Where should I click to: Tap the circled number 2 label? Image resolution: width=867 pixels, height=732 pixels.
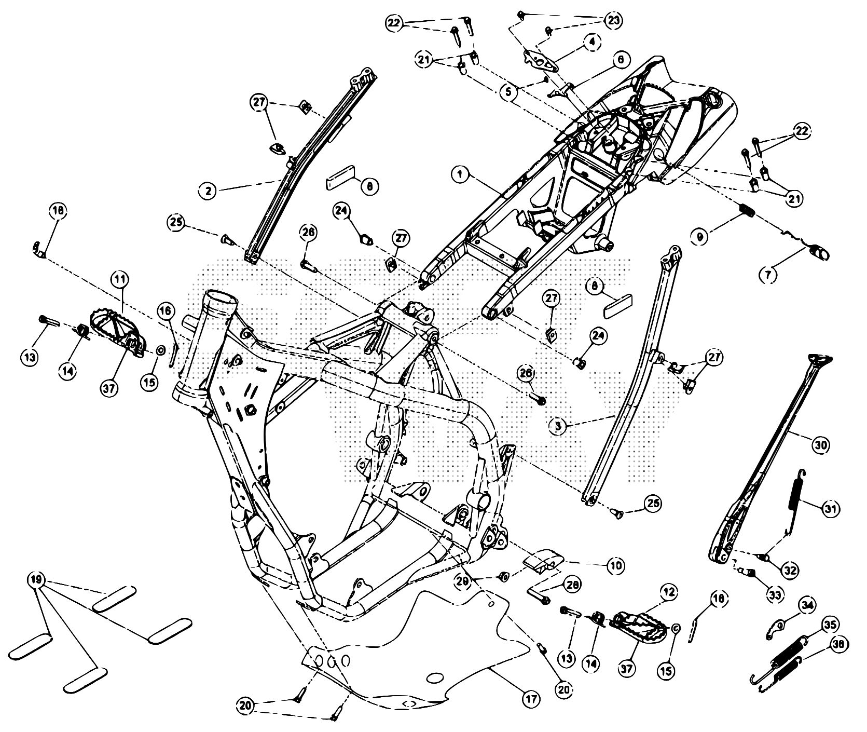click(209, 191)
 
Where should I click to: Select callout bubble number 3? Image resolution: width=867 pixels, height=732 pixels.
click(558, 426)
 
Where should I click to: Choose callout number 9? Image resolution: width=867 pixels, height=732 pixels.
click(700, 237)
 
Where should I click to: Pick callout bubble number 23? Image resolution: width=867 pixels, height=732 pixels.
click(613, 20)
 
